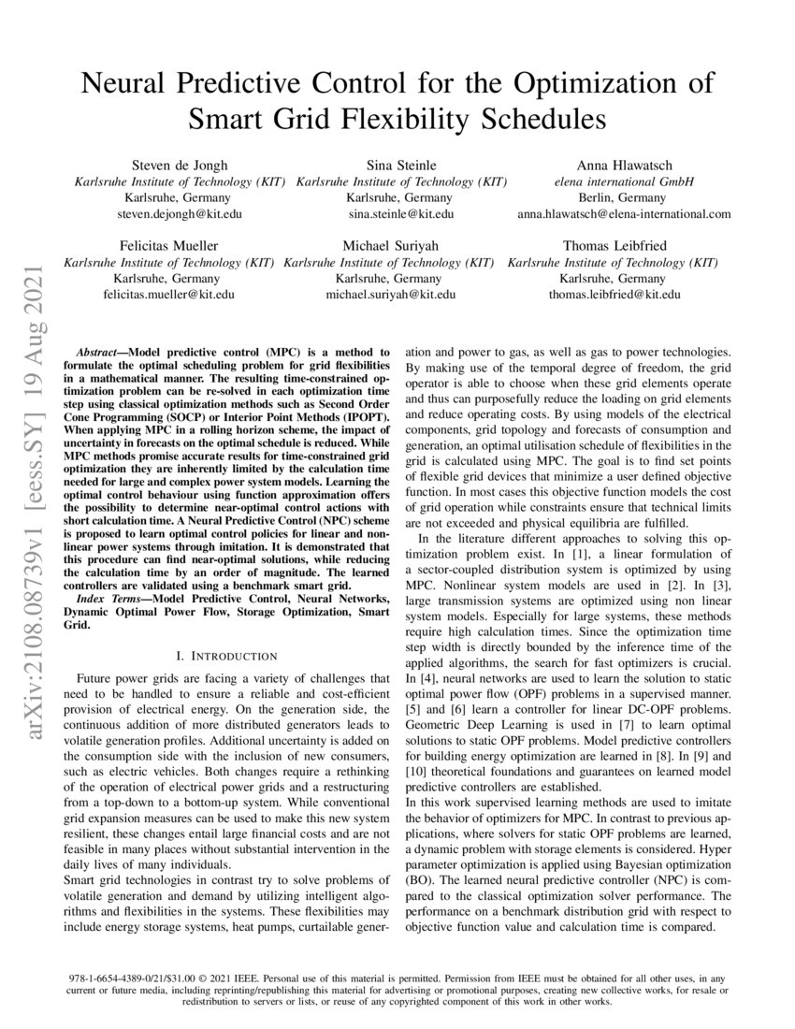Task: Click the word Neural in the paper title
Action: coord(126,83)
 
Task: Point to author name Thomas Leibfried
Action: coord(614,245)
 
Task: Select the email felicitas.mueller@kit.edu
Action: coord(168,294)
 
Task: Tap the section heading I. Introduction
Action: coord(227,656)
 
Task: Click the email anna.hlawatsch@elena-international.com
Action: coord(624,214)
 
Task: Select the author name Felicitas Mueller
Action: coord(168,245)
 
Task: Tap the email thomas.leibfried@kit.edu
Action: coord(614,294)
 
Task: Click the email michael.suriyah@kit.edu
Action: coord(391,294)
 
